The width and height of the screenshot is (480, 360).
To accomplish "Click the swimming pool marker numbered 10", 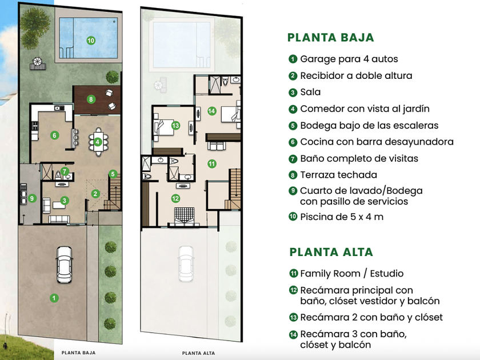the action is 91,40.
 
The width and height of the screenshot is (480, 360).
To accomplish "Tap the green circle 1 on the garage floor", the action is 53,297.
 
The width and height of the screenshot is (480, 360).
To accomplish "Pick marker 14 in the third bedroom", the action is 211,111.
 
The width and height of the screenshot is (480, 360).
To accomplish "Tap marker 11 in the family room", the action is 211,163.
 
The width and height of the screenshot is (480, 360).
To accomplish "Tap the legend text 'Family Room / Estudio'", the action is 351,274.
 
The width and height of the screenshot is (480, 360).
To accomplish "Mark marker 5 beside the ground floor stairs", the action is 113,174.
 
